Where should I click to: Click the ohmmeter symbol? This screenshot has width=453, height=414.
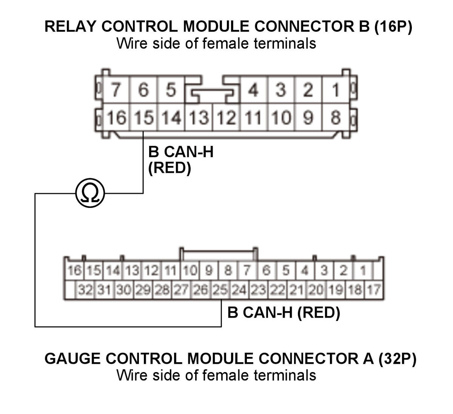(x=90, y=194)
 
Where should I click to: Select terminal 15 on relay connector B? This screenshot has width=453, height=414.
(x=143, y=118)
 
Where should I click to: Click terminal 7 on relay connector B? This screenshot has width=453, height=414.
(x=116, y=90)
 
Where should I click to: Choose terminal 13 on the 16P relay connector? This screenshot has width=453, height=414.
(x=199, y=118)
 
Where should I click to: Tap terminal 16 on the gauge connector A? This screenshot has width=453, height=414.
(x=74, y=271)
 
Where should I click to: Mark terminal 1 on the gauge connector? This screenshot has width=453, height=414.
(x=363, y=271)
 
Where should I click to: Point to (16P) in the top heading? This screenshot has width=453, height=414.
(x=393, y=26)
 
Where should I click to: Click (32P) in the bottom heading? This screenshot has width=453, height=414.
(x=397, y=358)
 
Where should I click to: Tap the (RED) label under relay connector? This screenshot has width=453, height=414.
(x=169, y=168)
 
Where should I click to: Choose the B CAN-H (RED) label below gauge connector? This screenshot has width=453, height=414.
(x=284, y=313)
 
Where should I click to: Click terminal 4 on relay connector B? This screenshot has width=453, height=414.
(x=253, y=90)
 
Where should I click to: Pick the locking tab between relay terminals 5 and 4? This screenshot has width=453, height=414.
(x=213, y=93)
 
